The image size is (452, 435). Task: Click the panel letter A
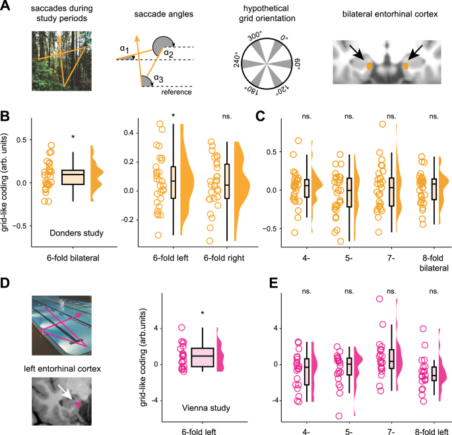tap(7, 7)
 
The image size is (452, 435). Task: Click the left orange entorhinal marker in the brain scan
tap(370, 66)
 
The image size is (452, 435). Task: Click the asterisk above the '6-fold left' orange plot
tap(173, 116)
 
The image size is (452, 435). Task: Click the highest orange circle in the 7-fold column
tap(382, 124)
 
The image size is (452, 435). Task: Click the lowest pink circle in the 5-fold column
tap(339, 416)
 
